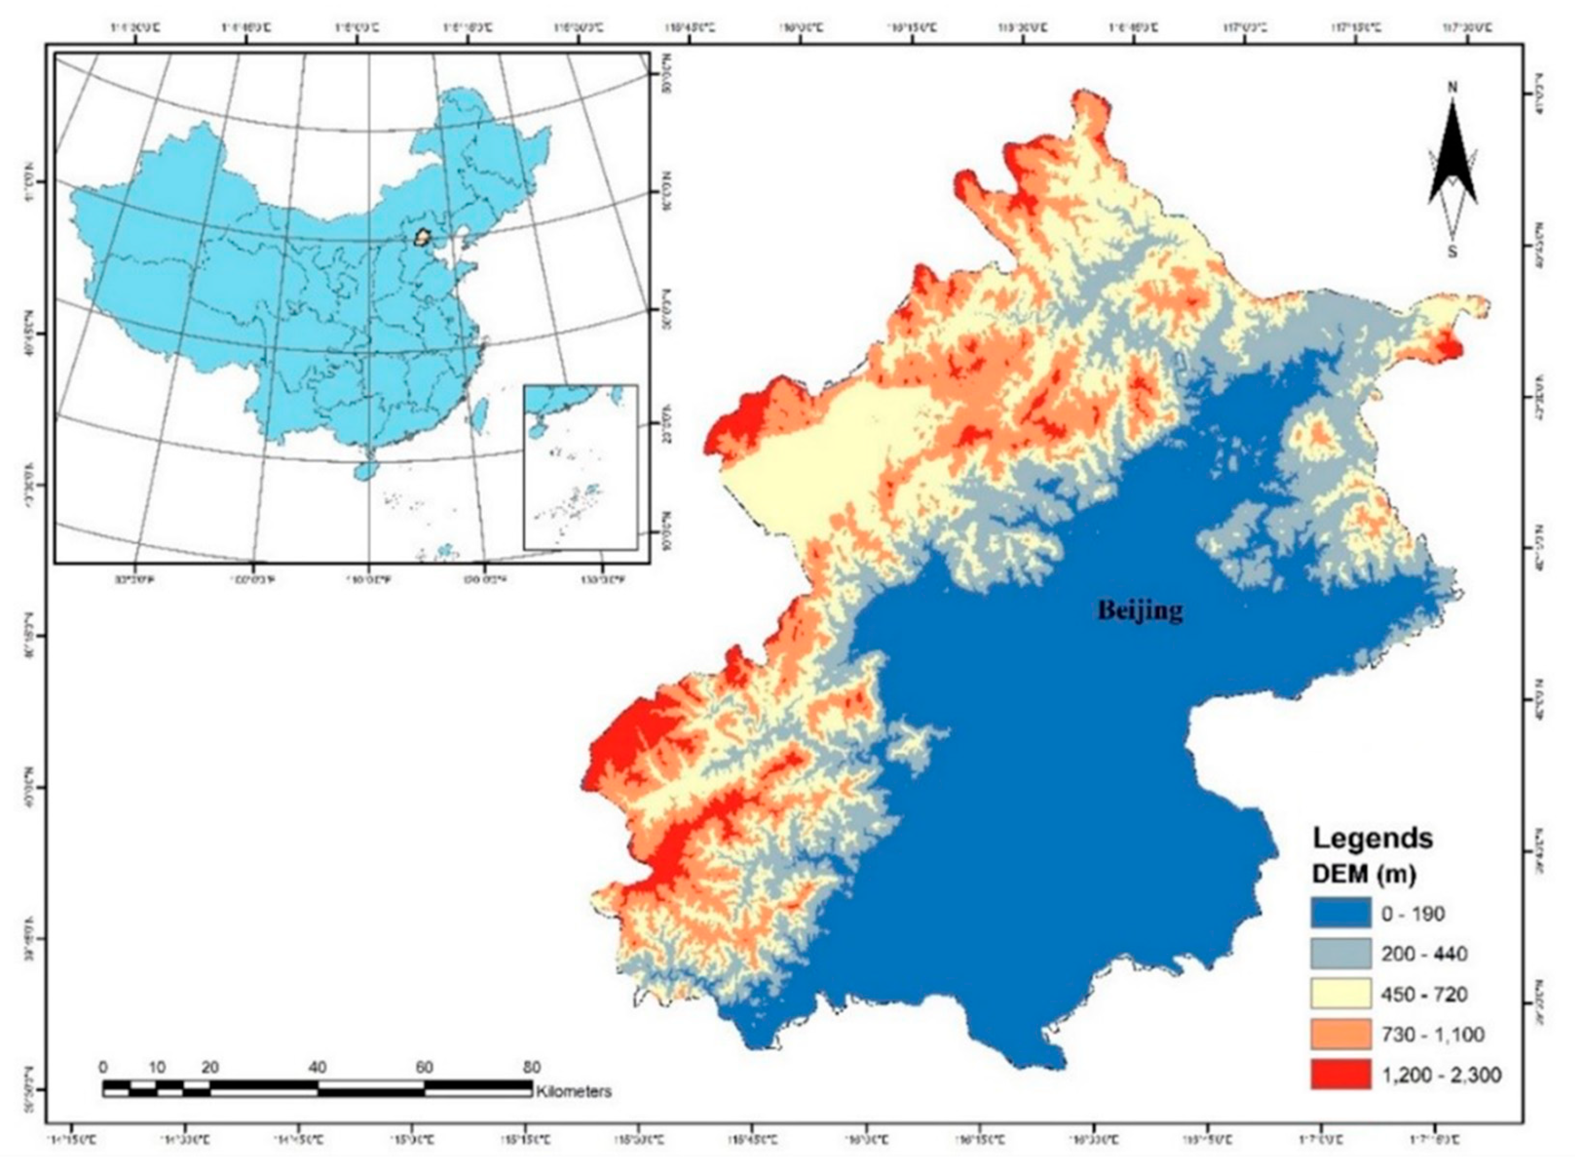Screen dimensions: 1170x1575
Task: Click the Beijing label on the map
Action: coord(1140,610)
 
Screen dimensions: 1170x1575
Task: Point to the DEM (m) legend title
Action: coord(1364,875)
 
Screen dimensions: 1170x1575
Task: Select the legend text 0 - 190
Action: coord(1413,914)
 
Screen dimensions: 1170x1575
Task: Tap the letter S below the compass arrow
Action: coord(1452,251)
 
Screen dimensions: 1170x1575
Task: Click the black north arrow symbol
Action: coord(1452,163)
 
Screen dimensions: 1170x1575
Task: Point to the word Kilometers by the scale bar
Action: coord(574,1092)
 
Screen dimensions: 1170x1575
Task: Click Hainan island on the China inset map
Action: coord(364,470)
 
